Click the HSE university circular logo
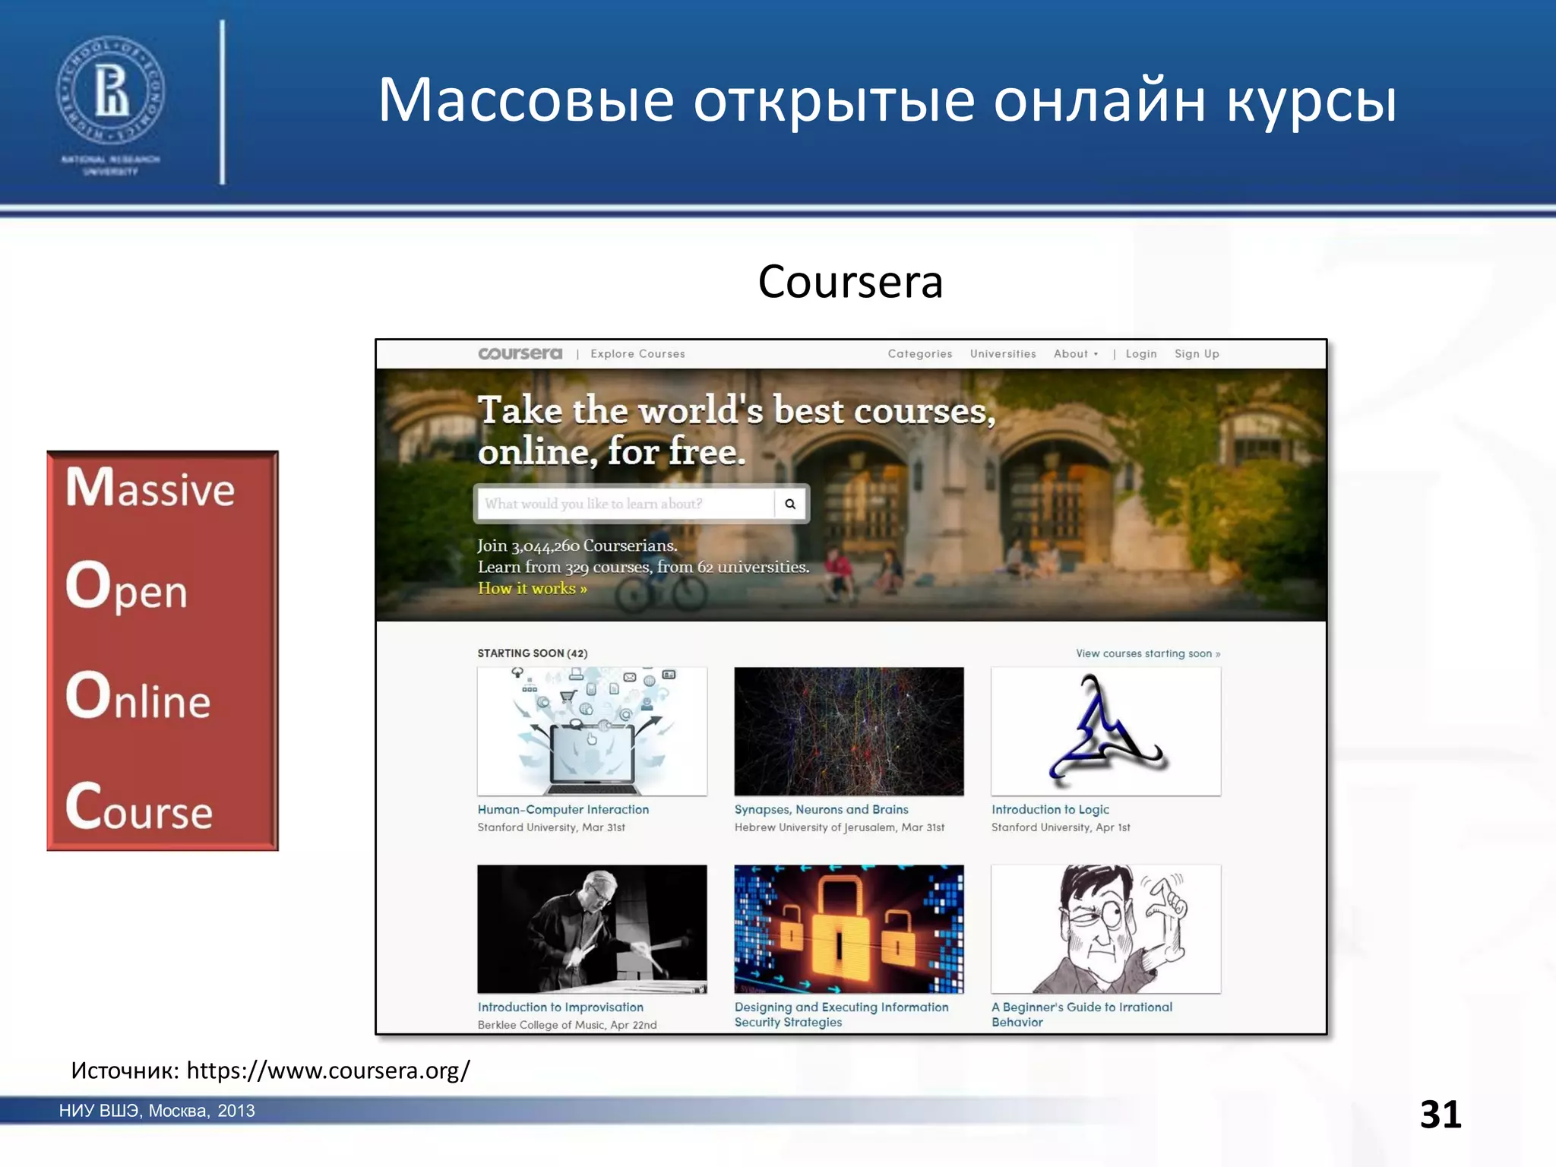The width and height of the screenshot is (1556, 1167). pyautogui.click(x=111, y=90)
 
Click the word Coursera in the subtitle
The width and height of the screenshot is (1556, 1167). pyautogui.click(x=850, y=282)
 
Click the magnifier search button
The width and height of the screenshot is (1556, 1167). pyautogui.click(x=790, y=504)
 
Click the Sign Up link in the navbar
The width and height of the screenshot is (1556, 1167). pyautogui.click(x=1197, y=354)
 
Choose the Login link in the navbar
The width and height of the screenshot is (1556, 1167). pyautogui.click(x=1140, y=354)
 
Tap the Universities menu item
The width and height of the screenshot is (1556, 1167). pyautogui.click(x=1002, y=354)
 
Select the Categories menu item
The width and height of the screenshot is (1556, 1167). pyautogui.click(x=919, y=354)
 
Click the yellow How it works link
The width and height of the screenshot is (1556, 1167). pyautogui.click(x=532, y=589)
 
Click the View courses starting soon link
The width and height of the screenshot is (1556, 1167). pyautogui.click(x=1147, y=653)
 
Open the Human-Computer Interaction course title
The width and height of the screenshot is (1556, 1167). pyautogui.click(x=563, y=810)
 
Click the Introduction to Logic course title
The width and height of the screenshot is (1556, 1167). pyautogui.click(x=1050, y=810)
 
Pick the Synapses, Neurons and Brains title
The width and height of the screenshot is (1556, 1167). pyautogui.click(x=821, y=810)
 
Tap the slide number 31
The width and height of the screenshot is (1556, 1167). pyautogui.click(x=1440, y=1115)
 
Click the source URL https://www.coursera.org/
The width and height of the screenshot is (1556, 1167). pyautogui.click(x=328, y=1071)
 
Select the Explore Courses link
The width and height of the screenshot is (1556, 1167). pyautogui.click(x=637, y=354)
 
